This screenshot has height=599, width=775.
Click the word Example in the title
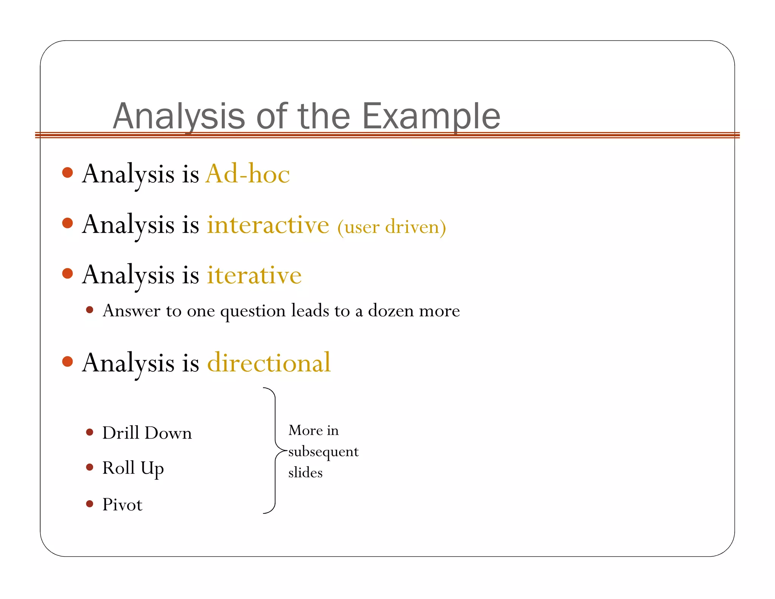pyautogui.click(x=431, y=116)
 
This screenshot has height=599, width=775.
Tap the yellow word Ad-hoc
pyautogui.click(x=247, y=174)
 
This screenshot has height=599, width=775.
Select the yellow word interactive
pyautogui.click(x=268, y=225)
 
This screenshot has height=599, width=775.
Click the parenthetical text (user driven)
pyautogui.click(x=392, y=227)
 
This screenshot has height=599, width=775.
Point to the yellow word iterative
pyautogui.click(x=254, y=275)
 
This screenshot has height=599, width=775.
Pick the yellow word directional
pyautogui.click(x=269, y=363)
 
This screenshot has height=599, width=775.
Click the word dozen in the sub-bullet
pyautogui.click(x=391, y=311)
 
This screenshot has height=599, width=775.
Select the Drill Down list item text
pyautogui.click(x=147, y=433)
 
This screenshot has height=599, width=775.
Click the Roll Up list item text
pyautogui.click(x=133, y=468)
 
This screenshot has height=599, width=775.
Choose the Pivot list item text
pyautogui.click(x=122, y=505)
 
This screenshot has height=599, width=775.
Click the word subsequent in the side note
pyautogui.click(x=323, y=452)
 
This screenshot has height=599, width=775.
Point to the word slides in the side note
pyautogui.click(x=305, y=473)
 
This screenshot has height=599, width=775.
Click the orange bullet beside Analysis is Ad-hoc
pyautogui.click(x=67, y=173)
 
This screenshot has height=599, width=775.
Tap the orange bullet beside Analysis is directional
pyautogui.click(x=67, y=362)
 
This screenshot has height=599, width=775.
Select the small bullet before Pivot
pyautogui.click(x=90, y=504)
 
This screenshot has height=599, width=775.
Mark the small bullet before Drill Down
pyautogui.click(x=90, y=432)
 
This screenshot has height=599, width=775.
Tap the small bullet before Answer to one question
pyautogui.click(x=90, y=310)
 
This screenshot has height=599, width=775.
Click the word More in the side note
pyautogui.click(x=301, y=431)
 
